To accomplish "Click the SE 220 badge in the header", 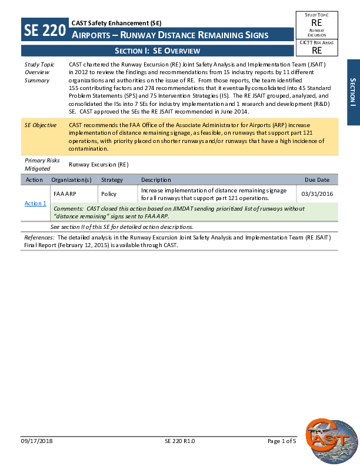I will pyautogui.click(x=45, y=30).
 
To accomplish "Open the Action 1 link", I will pyautogui.click(x=35, y=203).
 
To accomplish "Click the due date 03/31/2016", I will pyautogui.click(x=317, y=194).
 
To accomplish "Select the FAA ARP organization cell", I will pyautogui.click(x=65, y=194).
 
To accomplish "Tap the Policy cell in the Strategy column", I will pyautogui.click(x=109, y=194).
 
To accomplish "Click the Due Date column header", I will pyautogui.click(x=317, y=179).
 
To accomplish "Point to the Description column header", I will pyautogui.click(x=156, y=179).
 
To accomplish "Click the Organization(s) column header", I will pyautogui.click(x=71, y=179).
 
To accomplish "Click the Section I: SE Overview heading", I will pyautogui.click(x=157, y=51).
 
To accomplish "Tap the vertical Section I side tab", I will pyautogui.click(x=353, y=92).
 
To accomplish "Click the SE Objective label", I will pyautogui.click(x=41, y=125).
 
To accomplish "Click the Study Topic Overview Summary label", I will pyautogui.click(x=37, y=72).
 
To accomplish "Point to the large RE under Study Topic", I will pyautogui.click(x=316, y=22).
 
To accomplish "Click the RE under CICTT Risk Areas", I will pyautogui.click(x=316, y=51).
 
